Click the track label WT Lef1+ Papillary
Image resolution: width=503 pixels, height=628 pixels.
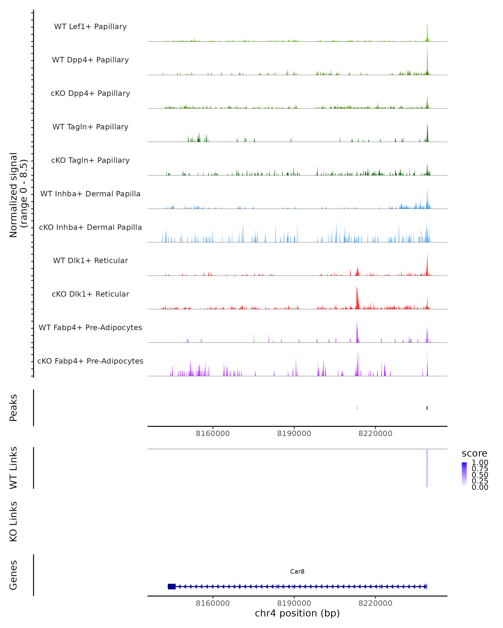pos(90,27)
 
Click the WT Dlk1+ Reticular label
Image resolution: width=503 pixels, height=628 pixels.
pos(90,260)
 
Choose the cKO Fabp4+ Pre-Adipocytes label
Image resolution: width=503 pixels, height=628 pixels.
pos(90,361)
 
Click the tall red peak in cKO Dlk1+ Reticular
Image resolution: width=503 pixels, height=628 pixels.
pos(357,297)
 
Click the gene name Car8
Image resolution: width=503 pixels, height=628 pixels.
pos(297,571)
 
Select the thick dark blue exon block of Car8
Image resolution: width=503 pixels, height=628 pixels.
pos(172,586)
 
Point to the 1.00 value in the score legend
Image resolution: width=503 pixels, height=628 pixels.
pos(480,463)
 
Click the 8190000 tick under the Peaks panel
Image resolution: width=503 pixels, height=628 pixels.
pos(294,434)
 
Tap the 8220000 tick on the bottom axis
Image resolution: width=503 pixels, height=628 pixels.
pos(375,603)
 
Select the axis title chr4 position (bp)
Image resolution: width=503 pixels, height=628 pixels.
pos(297,613)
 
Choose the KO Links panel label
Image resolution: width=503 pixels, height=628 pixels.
pos(13,521)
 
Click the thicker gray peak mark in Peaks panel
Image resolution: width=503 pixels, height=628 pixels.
pos(427,408)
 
